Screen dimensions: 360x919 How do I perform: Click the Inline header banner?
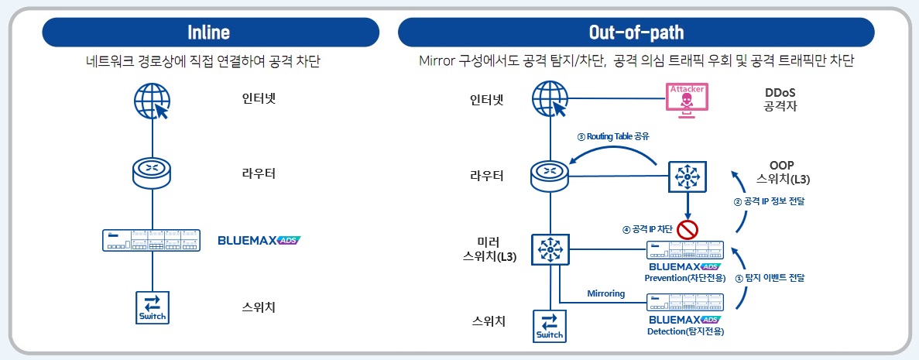coord(210,33)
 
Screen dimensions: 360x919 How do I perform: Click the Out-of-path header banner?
coord(636,33)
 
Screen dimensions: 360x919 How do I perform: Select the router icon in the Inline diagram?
coord(152,173)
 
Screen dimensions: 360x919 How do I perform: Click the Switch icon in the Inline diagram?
coord(152,307)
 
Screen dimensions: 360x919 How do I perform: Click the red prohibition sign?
coord(688,229)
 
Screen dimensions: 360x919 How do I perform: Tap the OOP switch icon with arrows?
coord(688,178)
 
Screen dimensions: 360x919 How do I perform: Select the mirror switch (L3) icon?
coord(550,249)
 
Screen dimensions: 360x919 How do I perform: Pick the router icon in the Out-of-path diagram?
coord(550,175)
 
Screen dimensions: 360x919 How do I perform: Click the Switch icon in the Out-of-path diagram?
coord(550,325)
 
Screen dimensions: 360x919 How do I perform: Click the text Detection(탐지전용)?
coord(686,331)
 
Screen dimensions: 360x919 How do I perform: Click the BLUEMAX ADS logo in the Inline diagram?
coord(259,240)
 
